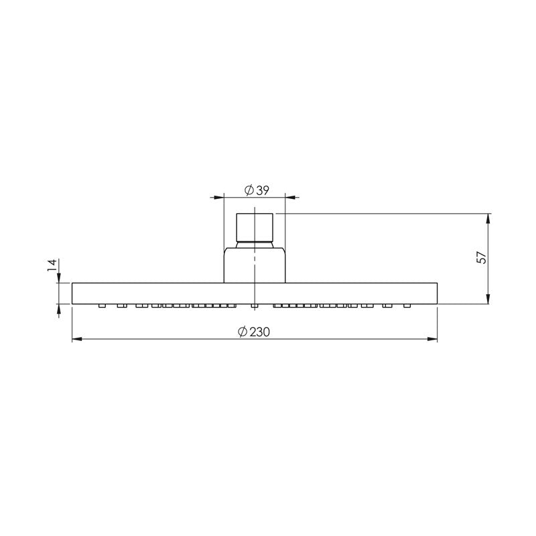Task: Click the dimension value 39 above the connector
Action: click(262, 191)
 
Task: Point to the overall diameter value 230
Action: click(260, 332)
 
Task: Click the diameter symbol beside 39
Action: click(248, 191)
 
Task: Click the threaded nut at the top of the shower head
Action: click(255, 226)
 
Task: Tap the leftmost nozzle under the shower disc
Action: click(102, 306)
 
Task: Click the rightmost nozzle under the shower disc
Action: click(407, 306)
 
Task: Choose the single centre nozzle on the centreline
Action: click(255, 306)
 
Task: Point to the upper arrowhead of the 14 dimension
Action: click(59, 278)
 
